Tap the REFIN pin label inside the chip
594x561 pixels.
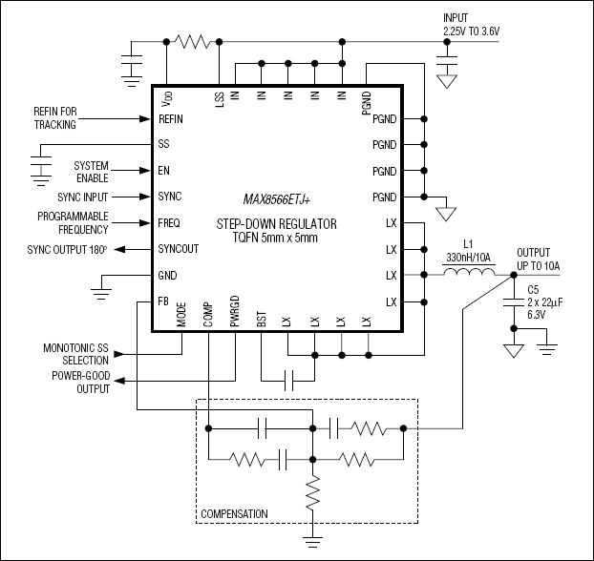(172, 119)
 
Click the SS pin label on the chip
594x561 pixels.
(163, 145)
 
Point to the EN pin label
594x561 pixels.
(163, 171)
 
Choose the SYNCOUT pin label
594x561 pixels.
(179, 249)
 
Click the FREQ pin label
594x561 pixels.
(170, 223)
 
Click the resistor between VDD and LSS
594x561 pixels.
(194, 41)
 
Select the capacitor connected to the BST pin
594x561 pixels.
(286, 379)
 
